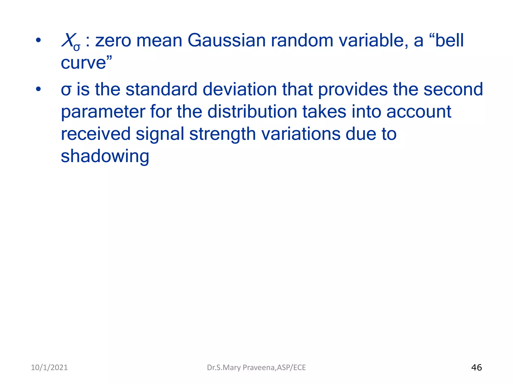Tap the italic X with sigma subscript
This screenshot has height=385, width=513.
70,42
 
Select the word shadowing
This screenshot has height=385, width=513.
105,156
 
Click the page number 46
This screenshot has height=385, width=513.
476,367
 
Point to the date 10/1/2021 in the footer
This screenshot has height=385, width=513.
49,367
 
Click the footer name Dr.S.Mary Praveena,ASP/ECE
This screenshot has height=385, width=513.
256,367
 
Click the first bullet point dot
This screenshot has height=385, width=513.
38,40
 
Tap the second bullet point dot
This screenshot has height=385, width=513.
38,89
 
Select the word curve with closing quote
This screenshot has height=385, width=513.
86,63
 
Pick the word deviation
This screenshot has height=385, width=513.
239,89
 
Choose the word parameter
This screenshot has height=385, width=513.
103,112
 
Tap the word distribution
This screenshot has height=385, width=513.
252,112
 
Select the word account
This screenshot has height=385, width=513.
419,112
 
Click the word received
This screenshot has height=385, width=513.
96,134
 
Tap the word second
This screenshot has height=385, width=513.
453,89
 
